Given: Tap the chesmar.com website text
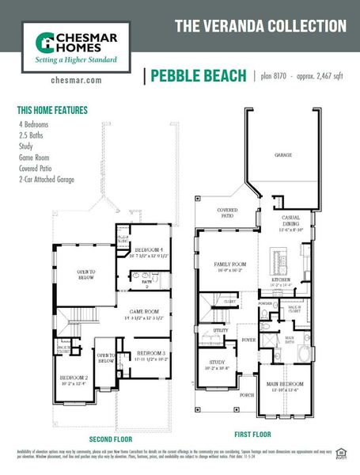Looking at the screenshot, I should (75, 80).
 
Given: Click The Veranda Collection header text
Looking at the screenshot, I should (260, 26).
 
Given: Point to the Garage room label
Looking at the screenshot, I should (283, 156).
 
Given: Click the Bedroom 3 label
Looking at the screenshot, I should (150, 353).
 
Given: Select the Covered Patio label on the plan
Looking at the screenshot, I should (228, 213).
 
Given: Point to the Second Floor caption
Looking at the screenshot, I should (110, 439).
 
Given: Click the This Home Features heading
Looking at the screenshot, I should (52, 110).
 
